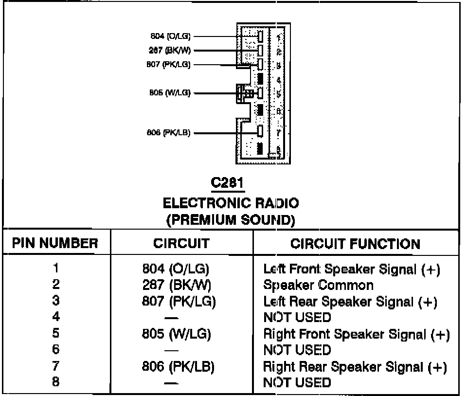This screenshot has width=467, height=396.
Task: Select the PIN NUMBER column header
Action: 55,243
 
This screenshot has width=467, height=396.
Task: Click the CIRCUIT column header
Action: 181,243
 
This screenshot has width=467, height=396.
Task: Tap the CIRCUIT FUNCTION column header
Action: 355,243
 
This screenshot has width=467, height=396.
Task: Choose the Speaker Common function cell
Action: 318,285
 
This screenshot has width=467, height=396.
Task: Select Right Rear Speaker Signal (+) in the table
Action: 355,366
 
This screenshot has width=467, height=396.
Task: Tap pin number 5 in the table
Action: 56,334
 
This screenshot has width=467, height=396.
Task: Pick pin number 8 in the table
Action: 56,382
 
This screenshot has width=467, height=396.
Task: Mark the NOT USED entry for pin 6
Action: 297,350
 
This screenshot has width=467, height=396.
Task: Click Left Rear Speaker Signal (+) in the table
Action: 350,302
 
